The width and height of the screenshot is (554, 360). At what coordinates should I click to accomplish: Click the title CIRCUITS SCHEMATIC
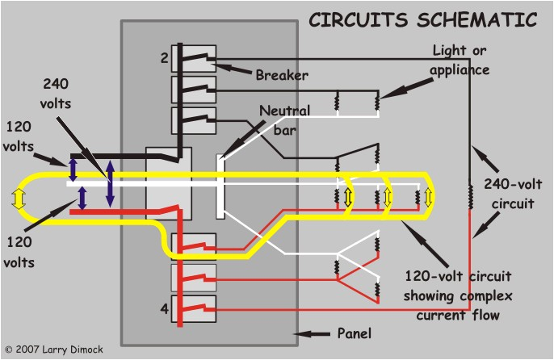point(424,17)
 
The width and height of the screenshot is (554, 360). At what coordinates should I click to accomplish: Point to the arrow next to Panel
point(315,333)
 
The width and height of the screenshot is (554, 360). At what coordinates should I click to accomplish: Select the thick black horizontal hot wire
point(121,156)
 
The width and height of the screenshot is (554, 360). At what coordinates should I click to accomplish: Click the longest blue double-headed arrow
point(110,182)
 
